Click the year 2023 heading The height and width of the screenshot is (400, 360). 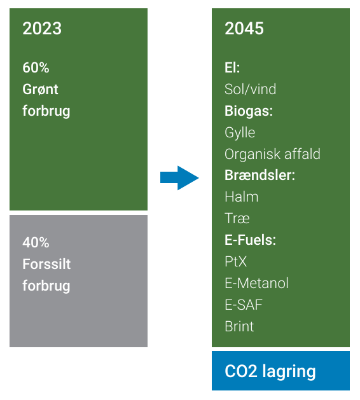(42, 29)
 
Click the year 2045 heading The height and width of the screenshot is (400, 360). (244, 29)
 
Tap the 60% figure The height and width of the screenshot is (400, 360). (36, 67)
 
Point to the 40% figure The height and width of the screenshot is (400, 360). (36, 242)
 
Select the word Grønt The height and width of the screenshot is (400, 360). (40, 89)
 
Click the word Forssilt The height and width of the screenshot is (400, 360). (46, 264)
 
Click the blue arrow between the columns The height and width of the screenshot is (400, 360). (179, 178)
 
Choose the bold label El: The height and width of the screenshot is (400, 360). (232, 67)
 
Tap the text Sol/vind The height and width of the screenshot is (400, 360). (251, 89)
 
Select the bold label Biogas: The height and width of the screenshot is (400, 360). (249, 111)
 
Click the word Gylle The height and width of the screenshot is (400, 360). (240, 133)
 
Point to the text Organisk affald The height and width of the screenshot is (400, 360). (272, 155)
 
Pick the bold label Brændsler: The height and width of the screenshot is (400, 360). (260, 176)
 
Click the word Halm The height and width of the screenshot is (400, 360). (241, 197)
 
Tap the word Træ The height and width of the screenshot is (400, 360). (237, 219)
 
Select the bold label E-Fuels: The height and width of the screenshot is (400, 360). (251, 240)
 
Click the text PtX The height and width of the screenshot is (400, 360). (236, 262)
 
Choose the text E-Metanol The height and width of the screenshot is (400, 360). (257, 283)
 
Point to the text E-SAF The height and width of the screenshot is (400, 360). (244, 305)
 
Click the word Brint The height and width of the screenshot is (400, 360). (239, 326)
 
